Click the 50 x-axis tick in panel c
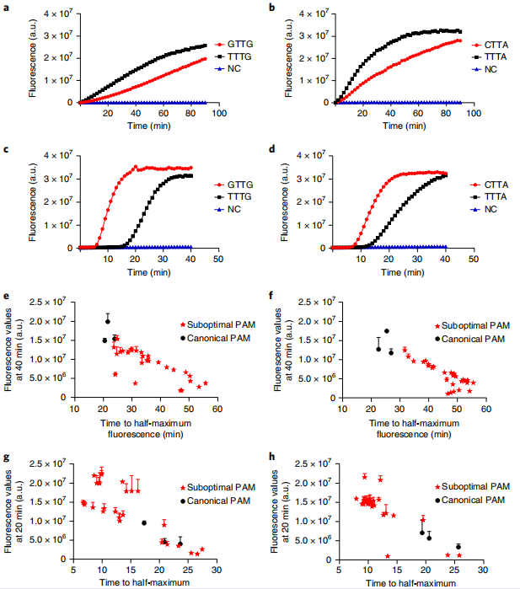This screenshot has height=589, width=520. click(217, 258)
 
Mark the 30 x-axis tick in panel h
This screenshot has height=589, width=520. click(485, 570)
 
